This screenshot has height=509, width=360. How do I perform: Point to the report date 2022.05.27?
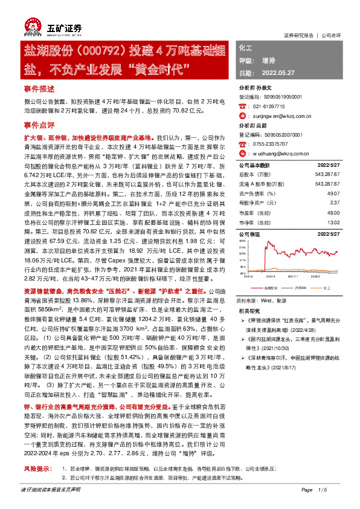point(277,73)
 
